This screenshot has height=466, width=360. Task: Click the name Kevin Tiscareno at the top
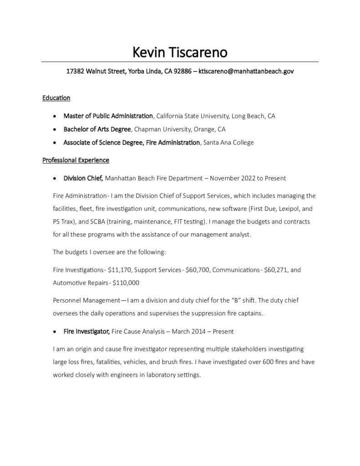coord(180,52)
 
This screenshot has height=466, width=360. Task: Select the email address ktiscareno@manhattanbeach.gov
coord(246,71)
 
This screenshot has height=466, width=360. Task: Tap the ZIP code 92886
coord(182,71)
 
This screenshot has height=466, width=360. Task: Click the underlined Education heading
coord(56,98)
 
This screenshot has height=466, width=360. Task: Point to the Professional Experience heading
coord(76,160)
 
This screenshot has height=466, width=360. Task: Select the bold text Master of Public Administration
coord(108,116)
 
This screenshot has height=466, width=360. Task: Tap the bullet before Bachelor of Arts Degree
coord(55,130)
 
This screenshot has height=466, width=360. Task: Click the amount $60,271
coord(276,270)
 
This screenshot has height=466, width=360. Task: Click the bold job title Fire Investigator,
coord(86,332)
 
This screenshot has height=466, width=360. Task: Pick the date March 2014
coord(186,332)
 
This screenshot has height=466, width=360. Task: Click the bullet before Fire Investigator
coord(55,332)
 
